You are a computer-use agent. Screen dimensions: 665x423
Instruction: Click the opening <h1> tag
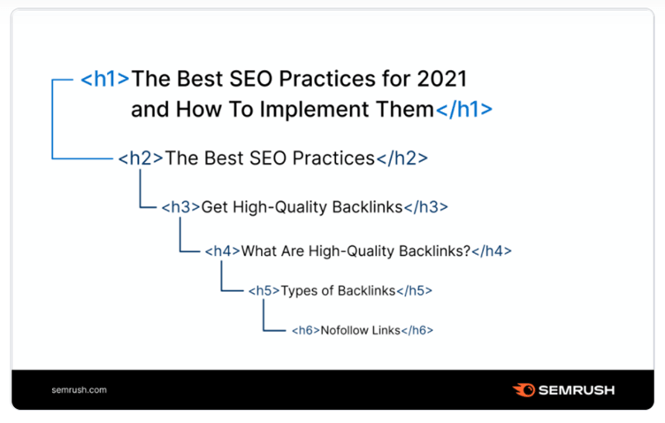(104, 79)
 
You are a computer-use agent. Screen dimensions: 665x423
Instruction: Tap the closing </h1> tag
(464, 110)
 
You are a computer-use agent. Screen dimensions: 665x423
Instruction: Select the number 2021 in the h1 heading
(442, 79)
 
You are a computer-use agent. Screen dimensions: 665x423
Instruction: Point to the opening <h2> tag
(141, 158)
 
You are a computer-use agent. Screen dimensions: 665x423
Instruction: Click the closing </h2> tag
(401, 158)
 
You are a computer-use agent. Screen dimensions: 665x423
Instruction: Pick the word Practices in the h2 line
(333, 158)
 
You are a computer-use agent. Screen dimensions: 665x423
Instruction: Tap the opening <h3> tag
(180, 207)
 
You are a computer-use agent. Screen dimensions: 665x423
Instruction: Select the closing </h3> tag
(426, 207)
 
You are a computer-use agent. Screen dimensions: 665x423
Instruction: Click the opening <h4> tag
(223, 251)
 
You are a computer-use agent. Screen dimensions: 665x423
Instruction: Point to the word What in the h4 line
(259, 251)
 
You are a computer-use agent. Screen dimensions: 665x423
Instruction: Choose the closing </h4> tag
(492, 251)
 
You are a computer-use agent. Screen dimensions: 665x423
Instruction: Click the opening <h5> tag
(264, 290)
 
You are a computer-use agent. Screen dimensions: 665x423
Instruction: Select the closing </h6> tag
(417, 330)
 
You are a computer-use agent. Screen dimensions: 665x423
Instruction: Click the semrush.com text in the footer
(80, 390)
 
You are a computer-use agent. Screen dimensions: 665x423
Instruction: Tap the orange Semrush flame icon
(524, 390)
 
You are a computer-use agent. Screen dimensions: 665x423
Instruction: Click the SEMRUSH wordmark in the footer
(577, 390)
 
